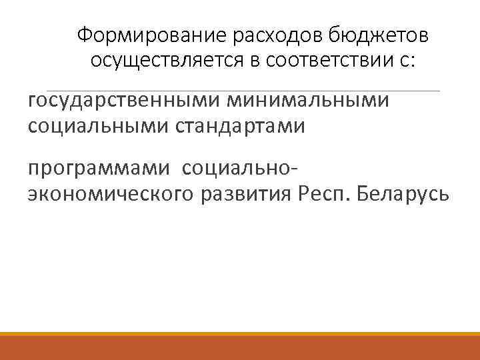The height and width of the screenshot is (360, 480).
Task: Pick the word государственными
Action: (x=125, y=101)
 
